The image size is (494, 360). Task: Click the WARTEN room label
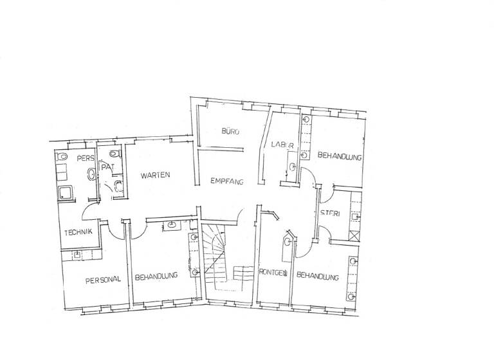tap(152, 174)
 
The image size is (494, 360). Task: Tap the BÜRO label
tap(230, 132)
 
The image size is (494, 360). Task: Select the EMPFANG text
tap(226, 182)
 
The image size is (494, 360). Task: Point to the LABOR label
tap(282, 143)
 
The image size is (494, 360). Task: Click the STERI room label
tap(331, 213)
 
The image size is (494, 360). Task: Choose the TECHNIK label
tap(78, 232)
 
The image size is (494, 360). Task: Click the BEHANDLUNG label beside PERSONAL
tap(156, 277)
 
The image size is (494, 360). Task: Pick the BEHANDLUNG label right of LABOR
tap(339, 156)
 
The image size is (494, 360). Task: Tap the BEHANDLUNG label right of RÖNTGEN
tap(318, 277)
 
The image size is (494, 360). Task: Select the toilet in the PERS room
tap(62, 157)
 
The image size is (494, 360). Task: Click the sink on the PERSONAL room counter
tap(77, 255)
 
